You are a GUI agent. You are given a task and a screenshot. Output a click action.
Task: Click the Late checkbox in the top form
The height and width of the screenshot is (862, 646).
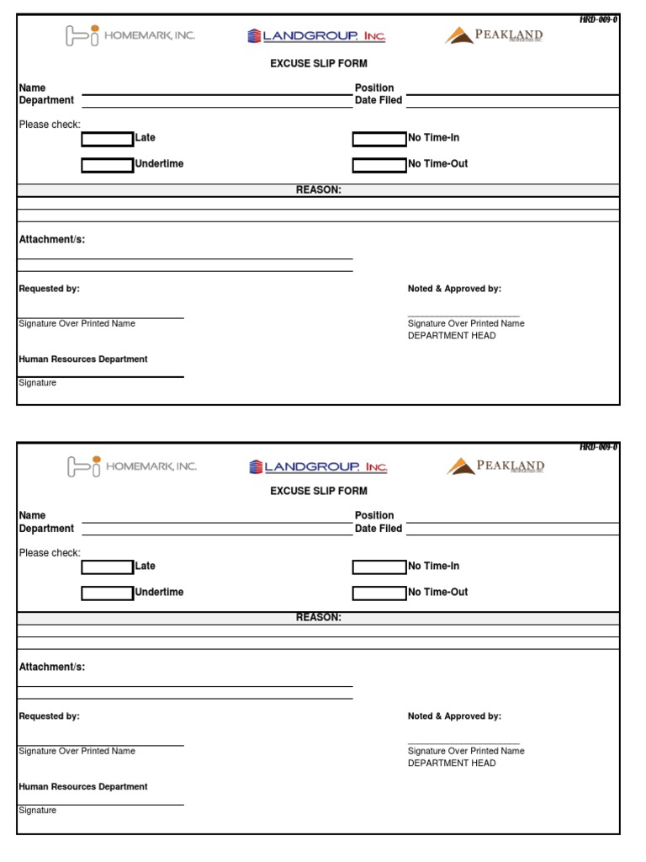[107, 139]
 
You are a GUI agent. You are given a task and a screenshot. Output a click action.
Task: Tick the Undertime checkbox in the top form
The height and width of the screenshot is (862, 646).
[107, 165]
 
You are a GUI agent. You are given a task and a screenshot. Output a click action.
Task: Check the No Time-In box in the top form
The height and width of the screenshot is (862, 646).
[379, 139]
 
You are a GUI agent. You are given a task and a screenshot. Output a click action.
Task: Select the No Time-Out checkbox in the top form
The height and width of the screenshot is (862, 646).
[379, 165]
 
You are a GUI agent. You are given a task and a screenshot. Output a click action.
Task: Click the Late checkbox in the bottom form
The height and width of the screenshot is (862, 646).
[107, 567]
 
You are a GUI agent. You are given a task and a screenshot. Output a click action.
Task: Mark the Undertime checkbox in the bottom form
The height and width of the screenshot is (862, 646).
[107, 593]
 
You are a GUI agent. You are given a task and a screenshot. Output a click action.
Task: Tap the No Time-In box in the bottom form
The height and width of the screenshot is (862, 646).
[379, 567]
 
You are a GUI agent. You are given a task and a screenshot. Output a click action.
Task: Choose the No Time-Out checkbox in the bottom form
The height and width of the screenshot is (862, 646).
[379, 593]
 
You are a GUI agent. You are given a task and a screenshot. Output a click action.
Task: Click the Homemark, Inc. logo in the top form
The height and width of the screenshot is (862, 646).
[130, 35]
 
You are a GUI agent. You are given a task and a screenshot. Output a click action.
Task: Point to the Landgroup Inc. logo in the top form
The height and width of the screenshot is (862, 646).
[317, 36]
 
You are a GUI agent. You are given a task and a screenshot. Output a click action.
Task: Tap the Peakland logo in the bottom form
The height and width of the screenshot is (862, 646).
[495, 466]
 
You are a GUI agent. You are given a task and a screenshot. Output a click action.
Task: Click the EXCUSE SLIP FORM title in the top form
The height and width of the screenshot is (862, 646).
[318, 63]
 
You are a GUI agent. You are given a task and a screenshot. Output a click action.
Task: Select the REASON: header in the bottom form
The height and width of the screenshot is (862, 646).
[318, 618]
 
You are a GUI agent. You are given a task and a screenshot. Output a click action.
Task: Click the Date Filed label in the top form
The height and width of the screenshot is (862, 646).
[379, 100]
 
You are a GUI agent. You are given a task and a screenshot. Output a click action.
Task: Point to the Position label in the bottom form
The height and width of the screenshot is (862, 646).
[374, 515]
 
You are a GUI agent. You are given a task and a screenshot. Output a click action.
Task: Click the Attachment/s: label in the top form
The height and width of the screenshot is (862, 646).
[52, 240]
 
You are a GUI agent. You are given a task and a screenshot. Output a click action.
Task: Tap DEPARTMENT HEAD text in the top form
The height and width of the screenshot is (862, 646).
[452, 336]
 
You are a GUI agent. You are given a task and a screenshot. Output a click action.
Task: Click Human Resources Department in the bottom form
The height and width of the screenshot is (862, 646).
[83, 787]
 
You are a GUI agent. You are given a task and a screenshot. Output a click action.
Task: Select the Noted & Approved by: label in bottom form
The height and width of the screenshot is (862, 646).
[454, 716]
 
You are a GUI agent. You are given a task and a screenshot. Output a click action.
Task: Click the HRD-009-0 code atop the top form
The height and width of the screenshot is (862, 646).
[598, 19]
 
